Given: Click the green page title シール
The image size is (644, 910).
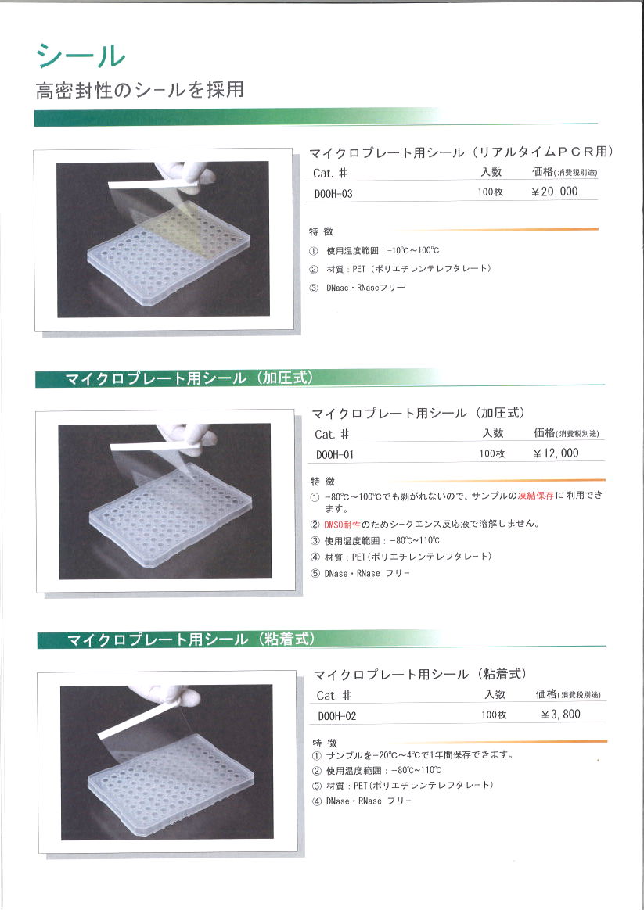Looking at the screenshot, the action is (x=81, y=57).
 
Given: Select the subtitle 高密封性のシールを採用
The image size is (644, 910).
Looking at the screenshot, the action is (x=140, y=91).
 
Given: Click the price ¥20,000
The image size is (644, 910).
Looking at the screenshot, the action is (x=555, y=192).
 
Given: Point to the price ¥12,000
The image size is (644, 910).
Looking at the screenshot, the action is (x=556, y=453).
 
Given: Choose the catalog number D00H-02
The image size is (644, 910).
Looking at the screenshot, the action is (x=336, y=717).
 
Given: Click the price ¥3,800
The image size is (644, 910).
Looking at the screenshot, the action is (x=560, y=715).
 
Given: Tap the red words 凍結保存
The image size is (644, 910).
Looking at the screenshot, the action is (x=535, y=496).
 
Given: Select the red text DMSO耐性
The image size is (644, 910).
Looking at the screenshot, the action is (x=343, y=525).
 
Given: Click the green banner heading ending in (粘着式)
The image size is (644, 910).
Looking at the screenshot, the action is (x=191, y=640).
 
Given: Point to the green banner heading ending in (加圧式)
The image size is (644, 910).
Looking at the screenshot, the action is (x=189, y=378).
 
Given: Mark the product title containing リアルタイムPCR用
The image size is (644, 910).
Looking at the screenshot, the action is (x=461, y=152).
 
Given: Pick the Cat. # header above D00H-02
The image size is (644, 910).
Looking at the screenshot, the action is (x=334, y=695).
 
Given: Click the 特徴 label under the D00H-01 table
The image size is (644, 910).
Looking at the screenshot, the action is (x=323, y=482).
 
